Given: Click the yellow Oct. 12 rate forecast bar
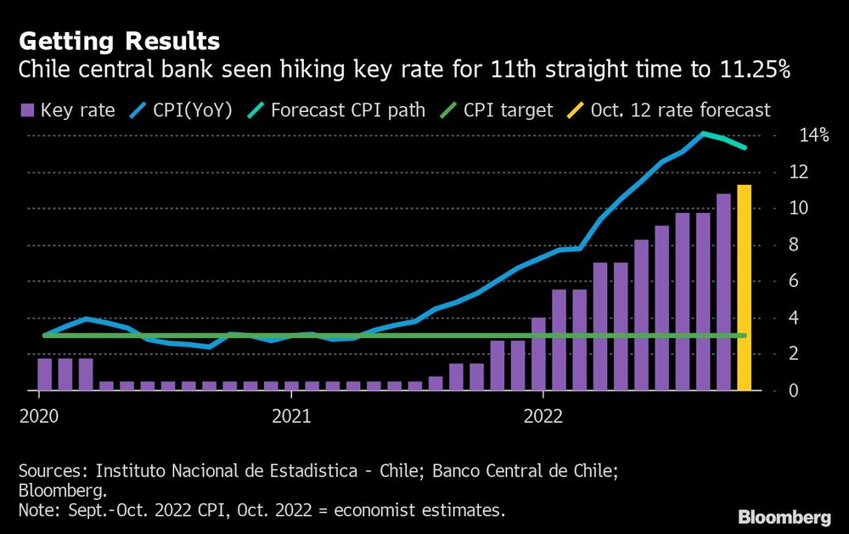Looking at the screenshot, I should (x=744, y=289).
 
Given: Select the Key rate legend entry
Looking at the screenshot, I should (x=67, y=110).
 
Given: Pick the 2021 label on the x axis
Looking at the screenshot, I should (x=290, y=417).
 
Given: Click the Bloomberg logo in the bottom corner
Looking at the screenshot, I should (x=784, y=516).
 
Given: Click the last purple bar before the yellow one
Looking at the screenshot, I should (x=723, y=293).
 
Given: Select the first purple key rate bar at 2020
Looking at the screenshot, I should (x=45, y=374).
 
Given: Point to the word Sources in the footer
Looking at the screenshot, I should (x=50, y=470).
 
